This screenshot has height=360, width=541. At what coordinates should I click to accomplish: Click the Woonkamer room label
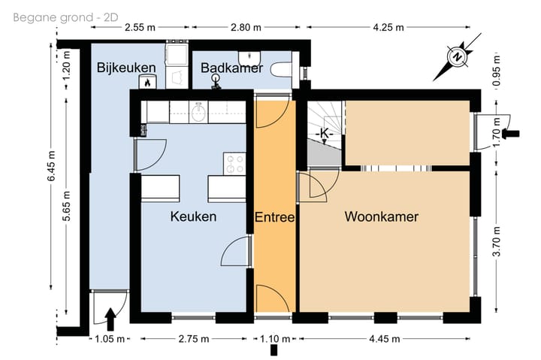[x=382, y=216]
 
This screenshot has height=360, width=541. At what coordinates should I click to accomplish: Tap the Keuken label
[x=193, y=216]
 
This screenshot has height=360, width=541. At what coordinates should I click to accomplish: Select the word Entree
[x=275, y=217]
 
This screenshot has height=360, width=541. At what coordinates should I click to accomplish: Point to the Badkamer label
[x=232, y=68]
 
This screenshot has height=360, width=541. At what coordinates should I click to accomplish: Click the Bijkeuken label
[x=126, y=68]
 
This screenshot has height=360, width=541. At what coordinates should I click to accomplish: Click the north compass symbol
[x=457, y=57]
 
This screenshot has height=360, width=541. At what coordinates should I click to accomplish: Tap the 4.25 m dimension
[x=388, y=27]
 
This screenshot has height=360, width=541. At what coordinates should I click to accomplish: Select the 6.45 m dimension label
[x=51, y=166]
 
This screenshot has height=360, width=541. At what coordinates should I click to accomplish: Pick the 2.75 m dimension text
[x=194, y=339]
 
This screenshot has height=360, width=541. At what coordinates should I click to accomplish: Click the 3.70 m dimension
[x=497, y=241]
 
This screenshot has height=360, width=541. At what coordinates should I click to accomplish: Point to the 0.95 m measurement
[x=497, y=71]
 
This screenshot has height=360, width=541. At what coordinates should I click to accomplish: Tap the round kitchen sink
[x=198, y=112]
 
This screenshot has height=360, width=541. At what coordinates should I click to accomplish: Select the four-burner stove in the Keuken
[x=234, y=164]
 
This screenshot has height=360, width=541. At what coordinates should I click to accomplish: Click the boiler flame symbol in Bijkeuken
[x=148, y=82]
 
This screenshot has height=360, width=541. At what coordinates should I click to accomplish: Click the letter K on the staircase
[x=325, y=132]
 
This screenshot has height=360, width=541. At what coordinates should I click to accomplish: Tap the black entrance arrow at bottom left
[x=110, y=319]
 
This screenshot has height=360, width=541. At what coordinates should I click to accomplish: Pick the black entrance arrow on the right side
[x=511, y=134]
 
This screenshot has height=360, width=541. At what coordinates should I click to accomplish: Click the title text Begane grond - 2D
[x=65, y=17]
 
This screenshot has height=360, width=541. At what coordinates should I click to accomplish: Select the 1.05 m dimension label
[x=110, y=339]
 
